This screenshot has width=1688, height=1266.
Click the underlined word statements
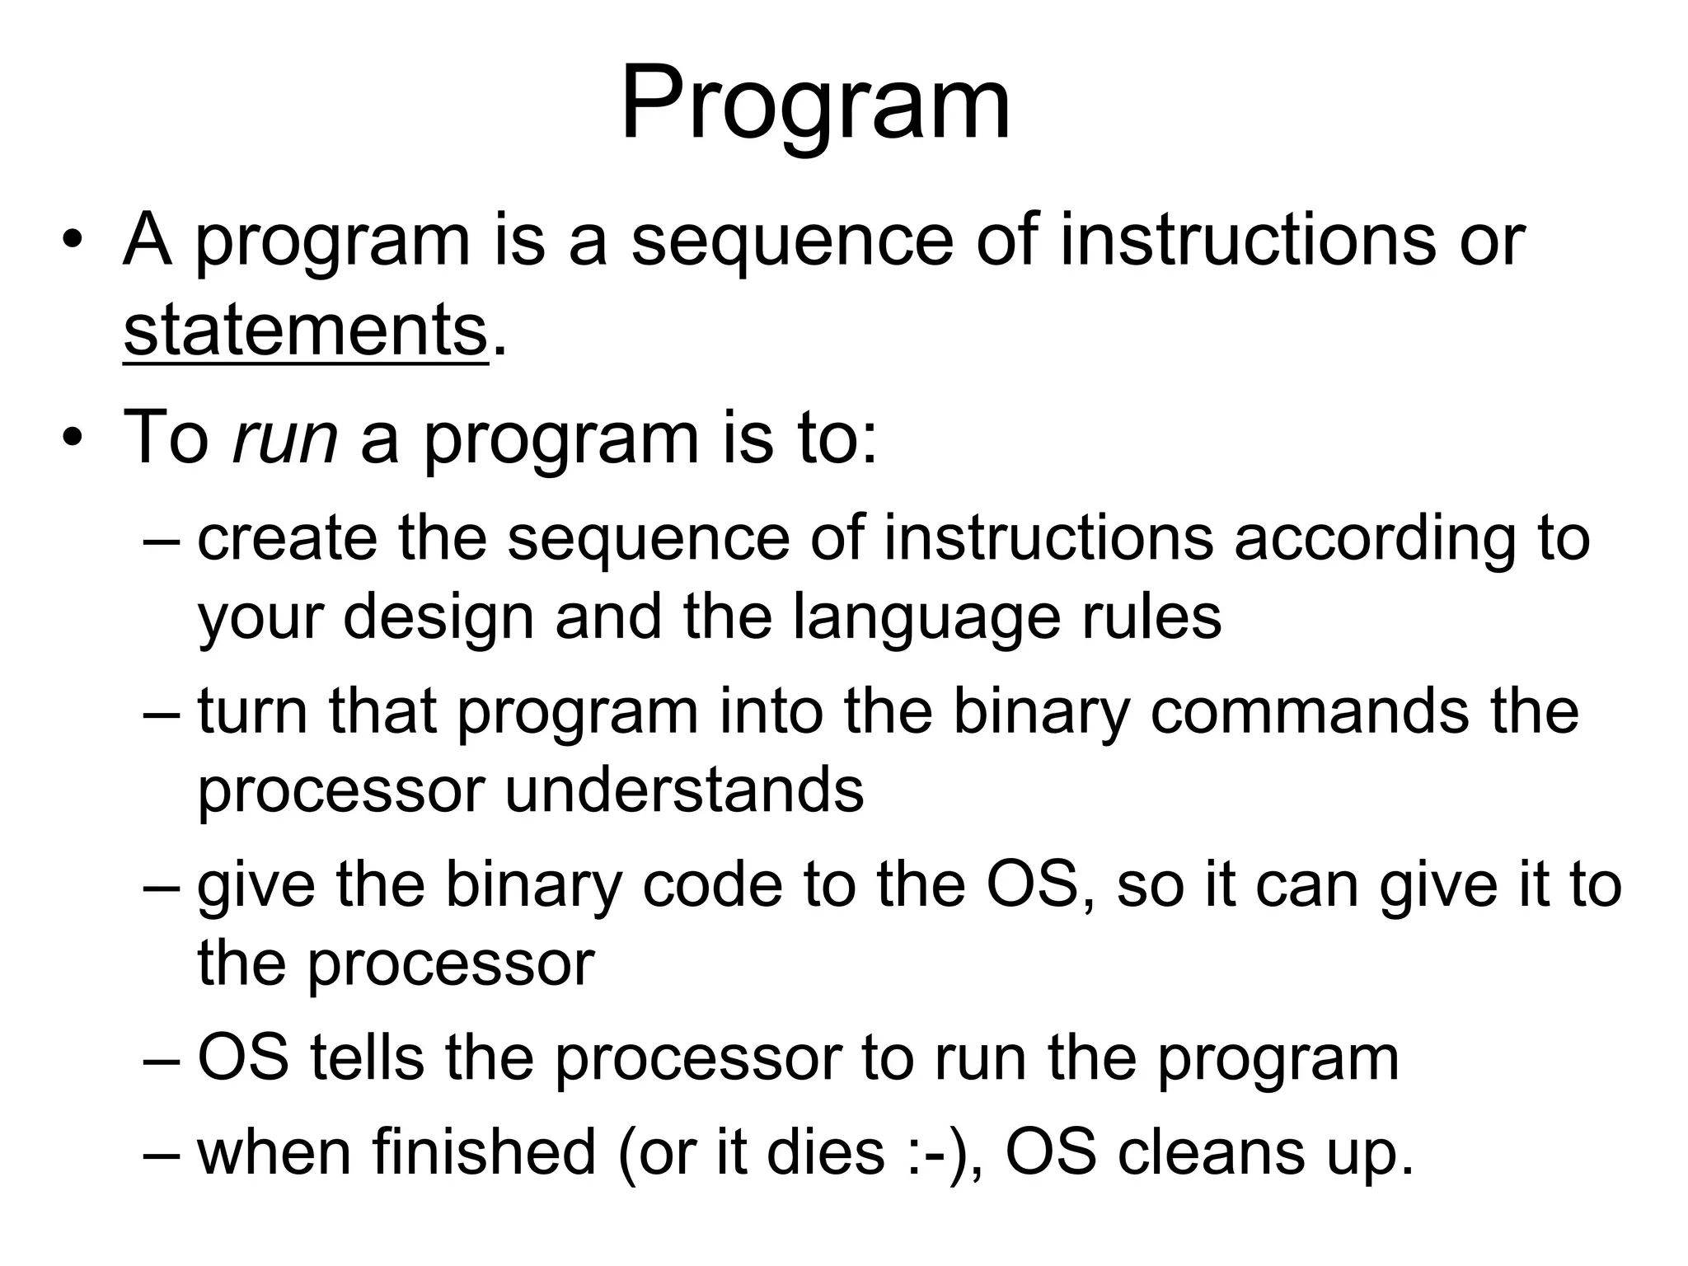(x=306, y=331)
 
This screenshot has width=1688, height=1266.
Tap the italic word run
(x=285, y=437)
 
